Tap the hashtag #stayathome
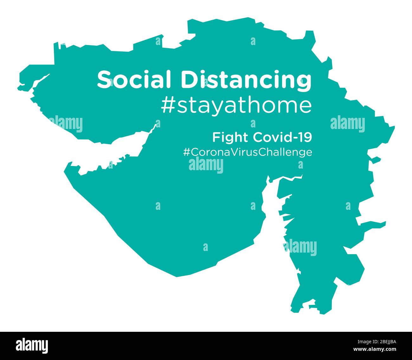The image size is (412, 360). tap(236, 106)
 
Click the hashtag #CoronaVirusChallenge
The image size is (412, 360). tap(248, 152)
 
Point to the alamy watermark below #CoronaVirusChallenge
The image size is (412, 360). tap(206, 165)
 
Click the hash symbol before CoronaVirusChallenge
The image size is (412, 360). tap(186, 152)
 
